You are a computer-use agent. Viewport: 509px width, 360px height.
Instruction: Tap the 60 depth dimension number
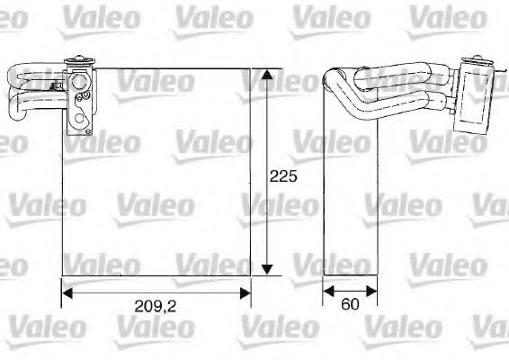[x=350, y=304]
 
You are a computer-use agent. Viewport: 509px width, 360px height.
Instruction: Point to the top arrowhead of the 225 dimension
[x=267, y=75]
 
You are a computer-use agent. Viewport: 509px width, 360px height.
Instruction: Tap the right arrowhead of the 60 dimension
[x=371, y=292]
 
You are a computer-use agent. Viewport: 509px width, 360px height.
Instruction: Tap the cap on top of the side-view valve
[x=472, y=63]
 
